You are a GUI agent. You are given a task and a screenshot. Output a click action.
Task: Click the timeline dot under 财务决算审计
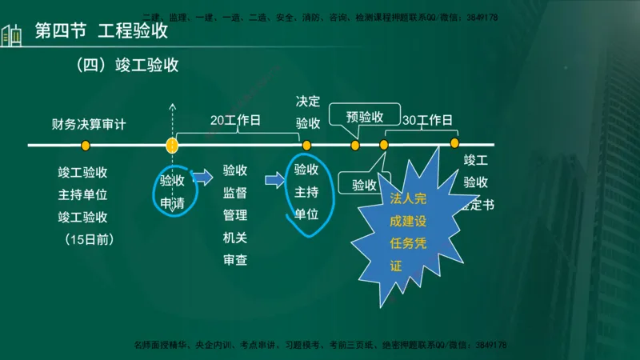point(86,146)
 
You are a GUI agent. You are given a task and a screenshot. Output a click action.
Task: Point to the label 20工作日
point(235,121)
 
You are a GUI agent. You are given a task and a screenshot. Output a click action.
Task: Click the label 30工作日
point(427,121)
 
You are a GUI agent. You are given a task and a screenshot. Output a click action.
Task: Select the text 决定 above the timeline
point(308,102)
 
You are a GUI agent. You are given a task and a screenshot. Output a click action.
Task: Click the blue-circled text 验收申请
point(172,192)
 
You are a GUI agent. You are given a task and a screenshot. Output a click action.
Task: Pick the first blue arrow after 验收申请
point(203,177)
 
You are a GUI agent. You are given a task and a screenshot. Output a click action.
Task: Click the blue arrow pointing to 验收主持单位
point(274,181)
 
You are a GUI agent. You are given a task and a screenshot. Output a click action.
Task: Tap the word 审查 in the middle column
point(235,260)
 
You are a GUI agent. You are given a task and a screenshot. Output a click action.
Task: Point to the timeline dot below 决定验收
point(306,146)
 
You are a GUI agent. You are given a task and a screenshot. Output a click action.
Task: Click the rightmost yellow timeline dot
point(454,143)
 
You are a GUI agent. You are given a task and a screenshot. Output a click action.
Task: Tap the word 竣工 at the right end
point(476,160)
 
